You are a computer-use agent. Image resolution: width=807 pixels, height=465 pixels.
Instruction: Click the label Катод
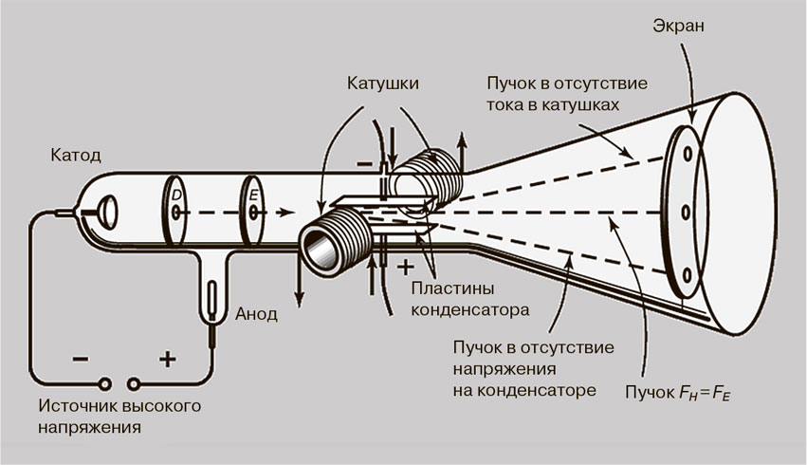coord(76,154)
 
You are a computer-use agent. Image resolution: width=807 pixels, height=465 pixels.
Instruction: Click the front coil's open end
coord(318,251)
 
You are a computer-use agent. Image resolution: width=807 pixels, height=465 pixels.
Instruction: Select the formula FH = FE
coord(704,391)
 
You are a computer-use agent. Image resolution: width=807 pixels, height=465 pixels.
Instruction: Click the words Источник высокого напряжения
coord(120,417)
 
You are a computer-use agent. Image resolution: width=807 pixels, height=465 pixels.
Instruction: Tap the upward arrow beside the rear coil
coord(462,152)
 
